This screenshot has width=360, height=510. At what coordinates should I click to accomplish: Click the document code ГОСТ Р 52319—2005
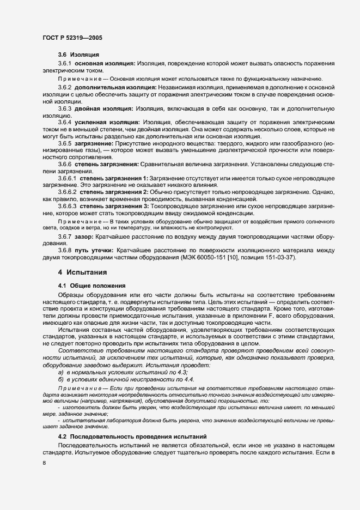click(72, 38)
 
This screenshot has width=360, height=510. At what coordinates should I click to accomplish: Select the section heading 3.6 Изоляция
click(78, 55)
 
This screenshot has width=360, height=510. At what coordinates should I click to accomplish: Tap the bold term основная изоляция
click(105, 64)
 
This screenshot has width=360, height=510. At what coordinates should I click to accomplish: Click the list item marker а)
click(61, 372)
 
